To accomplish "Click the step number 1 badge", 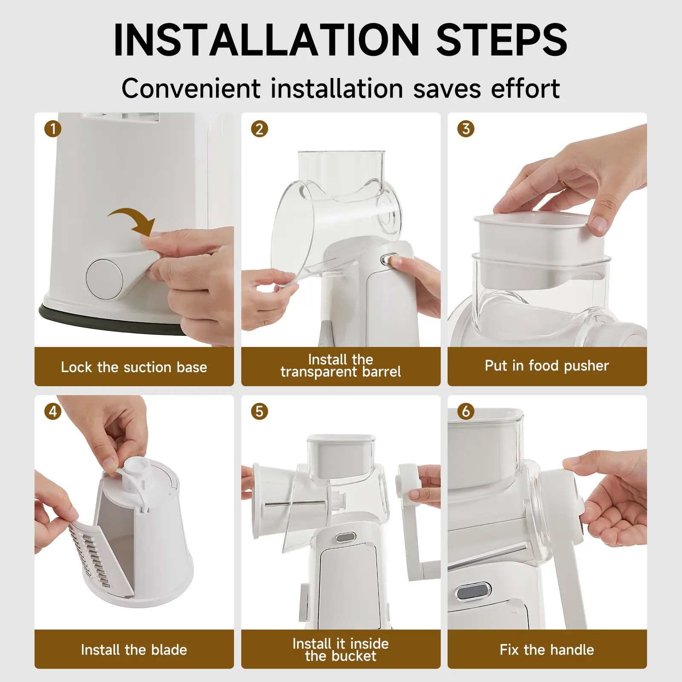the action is (x=53, y=129).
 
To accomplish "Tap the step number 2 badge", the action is (x=259, y=129).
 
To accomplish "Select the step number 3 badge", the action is (x=465, y=129).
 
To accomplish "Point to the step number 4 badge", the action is (x=53, y=411).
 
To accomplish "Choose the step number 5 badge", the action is (x=259, y=411).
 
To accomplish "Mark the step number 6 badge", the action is (x=465, y=411).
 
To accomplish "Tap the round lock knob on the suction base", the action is (x=104, y=279).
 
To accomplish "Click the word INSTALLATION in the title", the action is (x=267, y=40).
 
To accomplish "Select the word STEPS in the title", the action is (x=502, y=40).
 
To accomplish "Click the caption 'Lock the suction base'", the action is (x=134, y=367).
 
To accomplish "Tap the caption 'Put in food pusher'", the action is (x=547, y=366).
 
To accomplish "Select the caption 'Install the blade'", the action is (x=134, y=650).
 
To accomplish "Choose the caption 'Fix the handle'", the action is (x=547, y=650).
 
